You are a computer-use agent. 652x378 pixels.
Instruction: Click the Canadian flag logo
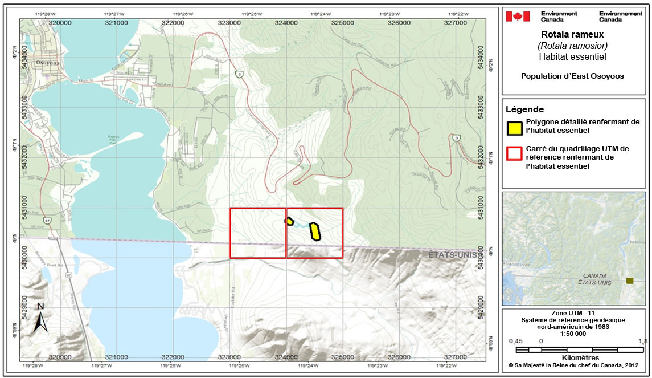pyautogui.click(x=518, y=16)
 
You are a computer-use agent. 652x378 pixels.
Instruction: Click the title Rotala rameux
pyautogui.click(x=573, y=35)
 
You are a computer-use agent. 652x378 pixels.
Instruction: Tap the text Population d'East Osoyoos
pyautogui.click(x=573, y=76)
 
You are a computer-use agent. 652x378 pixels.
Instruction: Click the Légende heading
pyautogui.click(x=525, y=109)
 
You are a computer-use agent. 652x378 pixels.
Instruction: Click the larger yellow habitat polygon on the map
pyautogui.click(x=315, y=231)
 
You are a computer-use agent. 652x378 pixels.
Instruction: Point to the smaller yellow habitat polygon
pyautogui.click(x=289, y=221)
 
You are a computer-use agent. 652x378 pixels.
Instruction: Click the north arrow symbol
pyautogui.click(x=40, y=318)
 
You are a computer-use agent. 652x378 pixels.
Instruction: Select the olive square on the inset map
pyautogui.click(x=629, y=281)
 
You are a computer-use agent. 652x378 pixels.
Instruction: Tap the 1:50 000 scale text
pyautogui.click(x=573, y=334)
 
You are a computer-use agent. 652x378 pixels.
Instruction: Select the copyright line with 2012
pyautogui.click(x=573, y=365)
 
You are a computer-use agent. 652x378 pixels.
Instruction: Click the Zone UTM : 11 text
pyautogui.click(x=573, y=313)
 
